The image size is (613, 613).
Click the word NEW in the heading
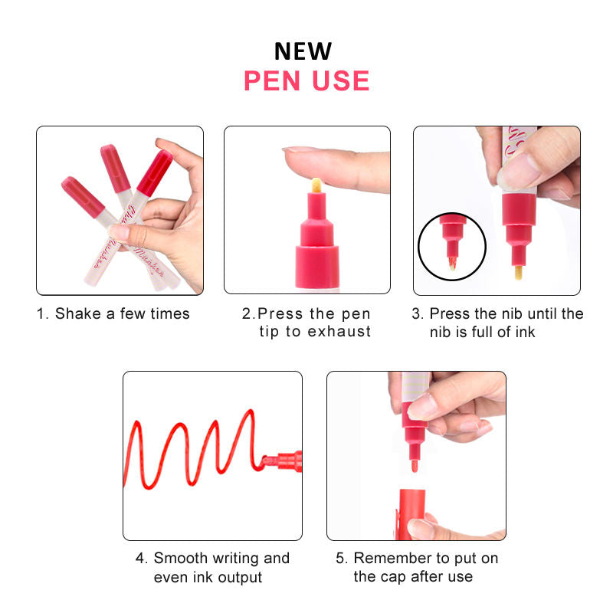(x=303, y=51)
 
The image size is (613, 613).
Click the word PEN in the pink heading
(x=272, y=81)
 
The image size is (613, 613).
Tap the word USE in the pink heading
(x=340, y=81)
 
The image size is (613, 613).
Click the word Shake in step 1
(x=78, y=313)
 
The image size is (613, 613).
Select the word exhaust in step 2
(x=339, y=332)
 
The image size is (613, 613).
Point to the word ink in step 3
(x=525, y=332)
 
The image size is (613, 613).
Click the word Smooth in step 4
(x=180, y=558)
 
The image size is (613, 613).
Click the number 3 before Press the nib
(x=416, y=313)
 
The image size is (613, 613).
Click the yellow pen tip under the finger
(x=316, y=185)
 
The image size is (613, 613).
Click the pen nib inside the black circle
(x=452, y=264)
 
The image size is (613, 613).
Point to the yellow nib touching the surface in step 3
(x=519, y=273)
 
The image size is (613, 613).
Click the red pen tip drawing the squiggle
(x=269, y=461)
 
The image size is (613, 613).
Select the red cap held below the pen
(x=411, y=514)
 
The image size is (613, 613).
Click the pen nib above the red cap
(x=414, y=466)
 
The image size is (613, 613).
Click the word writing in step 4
(x=235, y=559)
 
